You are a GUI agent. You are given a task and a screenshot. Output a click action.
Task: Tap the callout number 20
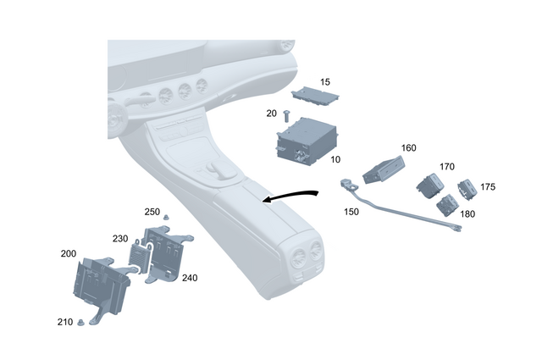[x=272, y=113]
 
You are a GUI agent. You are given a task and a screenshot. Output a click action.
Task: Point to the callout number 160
[x=409, y=147]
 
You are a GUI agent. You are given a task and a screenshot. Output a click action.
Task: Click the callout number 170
[x=447, y=167]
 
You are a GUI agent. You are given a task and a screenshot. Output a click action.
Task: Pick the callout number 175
[x=489, y=186]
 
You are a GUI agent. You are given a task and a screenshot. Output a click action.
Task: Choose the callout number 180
[x=467, y=214]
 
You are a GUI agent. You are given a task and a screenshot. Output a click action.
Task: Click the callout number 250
[x=152, y=211]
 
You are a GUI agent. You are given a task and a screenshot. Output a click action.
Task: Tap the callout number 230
[x=120, y=239]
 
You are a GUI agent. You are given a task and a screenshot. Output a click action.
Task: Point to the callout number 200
[x=68, y=253]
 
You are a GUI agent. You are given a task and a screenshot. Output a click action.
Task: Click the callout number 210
[x=64, y=323]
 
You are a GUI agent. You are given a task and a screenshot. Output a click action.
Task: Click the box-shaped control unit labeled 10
[x=307, y=141]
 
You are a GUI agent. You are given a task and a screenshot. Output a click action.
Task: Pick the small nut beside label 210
[x=81, y=321]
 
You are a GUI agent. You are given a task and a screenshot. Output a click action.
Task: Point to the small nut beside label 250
[x=167, y=217]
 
